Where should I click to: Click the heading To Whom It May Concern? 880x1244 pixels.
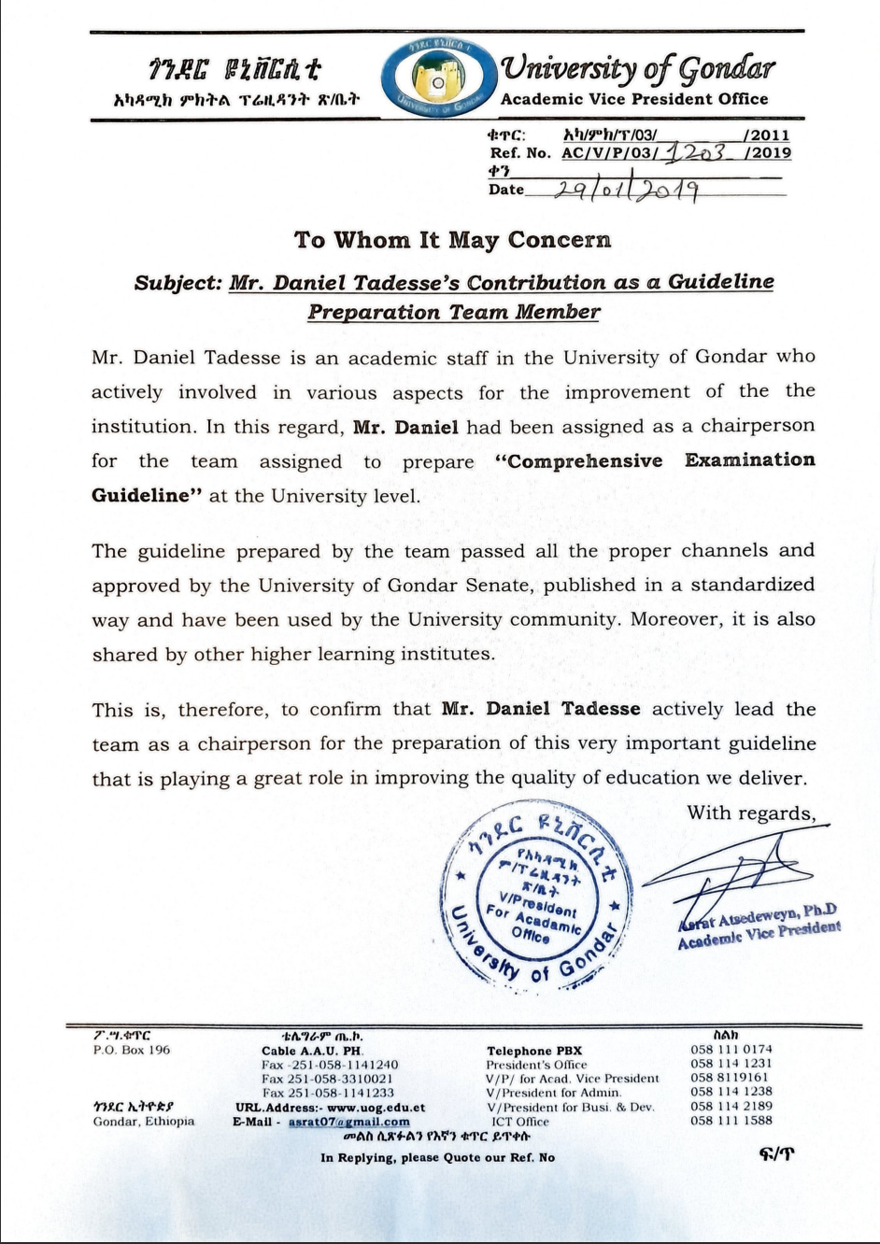[453, 240]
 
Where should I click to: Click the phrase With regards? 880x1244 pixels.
[758, 813]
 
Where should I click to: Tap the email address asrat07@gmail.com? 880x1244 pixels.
[348, 1122]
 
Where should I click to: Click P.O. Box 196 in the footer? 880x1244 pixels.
[132, 1050]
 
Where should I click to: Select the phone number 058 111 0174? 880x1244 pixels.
[731, 1049]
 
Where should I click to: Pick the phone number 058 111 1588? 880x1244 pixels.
[731, 1121]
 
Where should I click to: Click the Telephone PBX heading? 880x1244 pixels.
[533, 1051]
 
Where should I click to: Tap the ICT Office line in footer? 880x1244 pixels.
[520, 1122]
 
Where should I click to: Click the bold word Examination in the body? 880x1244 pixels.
[749, 460]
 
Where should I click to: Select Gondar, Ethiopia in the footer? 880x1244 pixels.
[144, 1122]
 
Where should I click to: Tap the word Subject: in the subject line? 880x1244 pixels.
[177, 283]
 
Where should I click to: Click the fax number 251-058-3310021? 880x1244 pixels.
[328, 1079]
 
